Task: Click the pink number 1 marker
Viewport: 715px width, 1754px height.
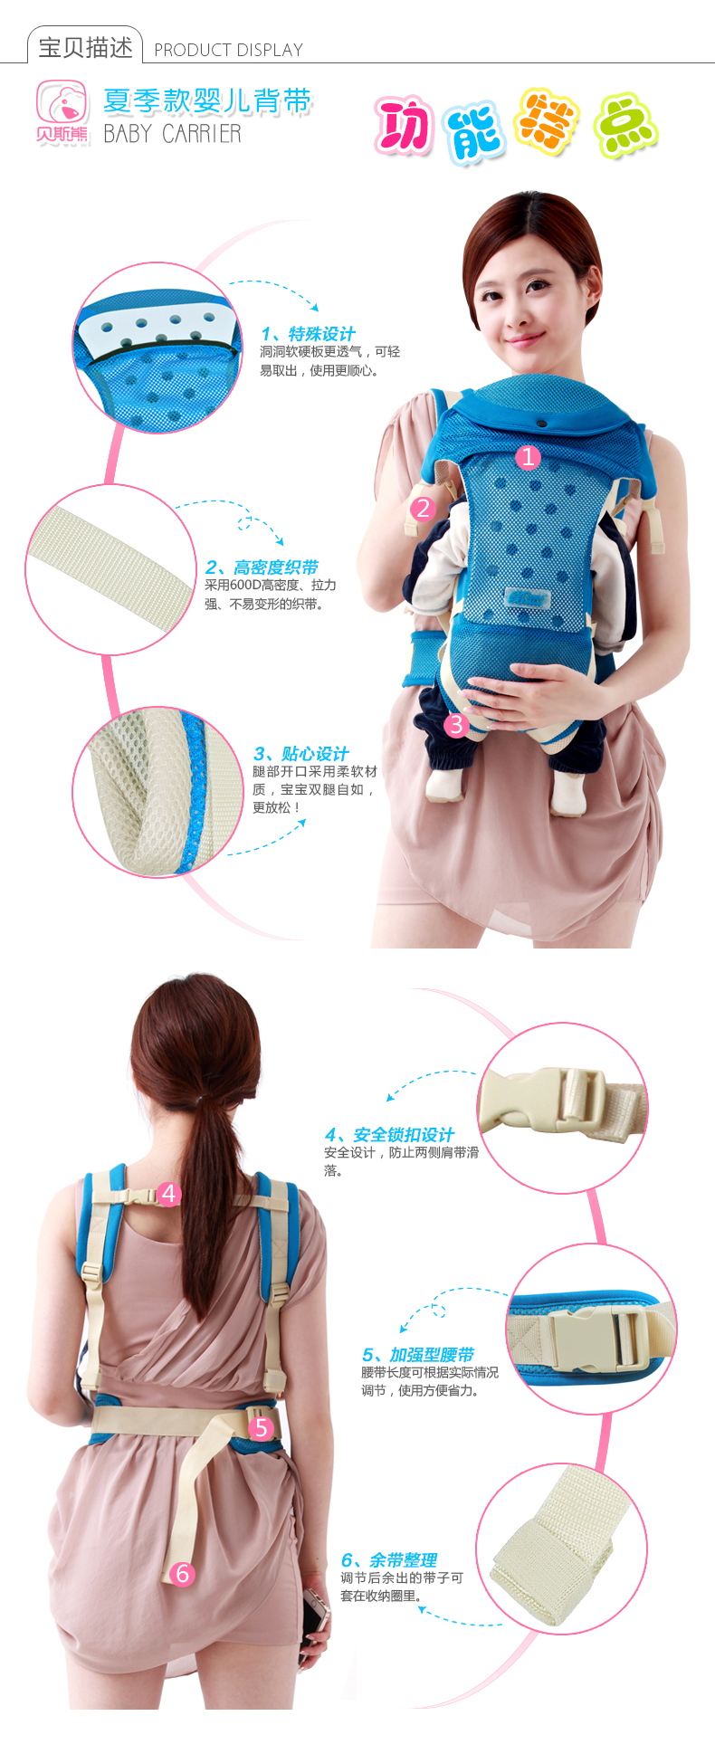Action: point(528,457)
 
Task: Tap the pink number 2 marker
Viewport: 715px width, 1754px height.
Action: point(423,509)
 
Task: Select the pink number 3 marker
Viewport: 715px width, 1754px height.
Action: point(456,724)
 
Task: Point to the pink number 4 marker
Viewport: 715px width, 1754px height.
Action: point(168,1194)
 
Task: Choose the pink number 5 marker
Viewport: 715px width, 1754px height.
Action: point(262,1427)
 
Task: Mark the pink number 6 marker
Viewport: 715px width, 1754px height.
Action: point(183,1574)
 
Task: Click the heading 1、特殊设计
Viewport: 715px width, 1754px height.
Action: point(308,334)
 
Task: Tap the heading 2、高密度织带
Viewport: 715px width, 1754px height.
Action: point(262,567)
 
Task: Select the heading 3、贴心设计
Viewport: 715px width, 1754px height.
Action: point(301,754)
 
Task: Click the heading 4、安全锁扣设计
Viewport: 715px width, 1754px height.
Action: point(389,1135)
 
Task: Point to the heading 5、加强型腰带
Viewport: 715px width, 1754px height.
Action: point(418,1355)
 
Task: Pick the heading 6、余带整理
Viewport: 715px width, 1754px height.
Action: point(389,1560)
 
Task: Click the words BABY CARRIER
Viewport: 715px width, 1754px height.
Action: point(172,134)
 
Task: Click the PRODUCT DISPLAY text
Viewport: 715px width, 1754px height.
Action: point(228,51)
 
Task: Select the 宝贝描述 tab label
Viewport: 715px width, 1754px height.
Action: point(85,47)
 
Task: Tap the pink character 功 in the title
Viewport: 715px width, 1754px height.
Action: point(404,128)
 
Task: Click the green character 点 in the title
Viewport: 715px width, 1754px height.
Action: point(625,126)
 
